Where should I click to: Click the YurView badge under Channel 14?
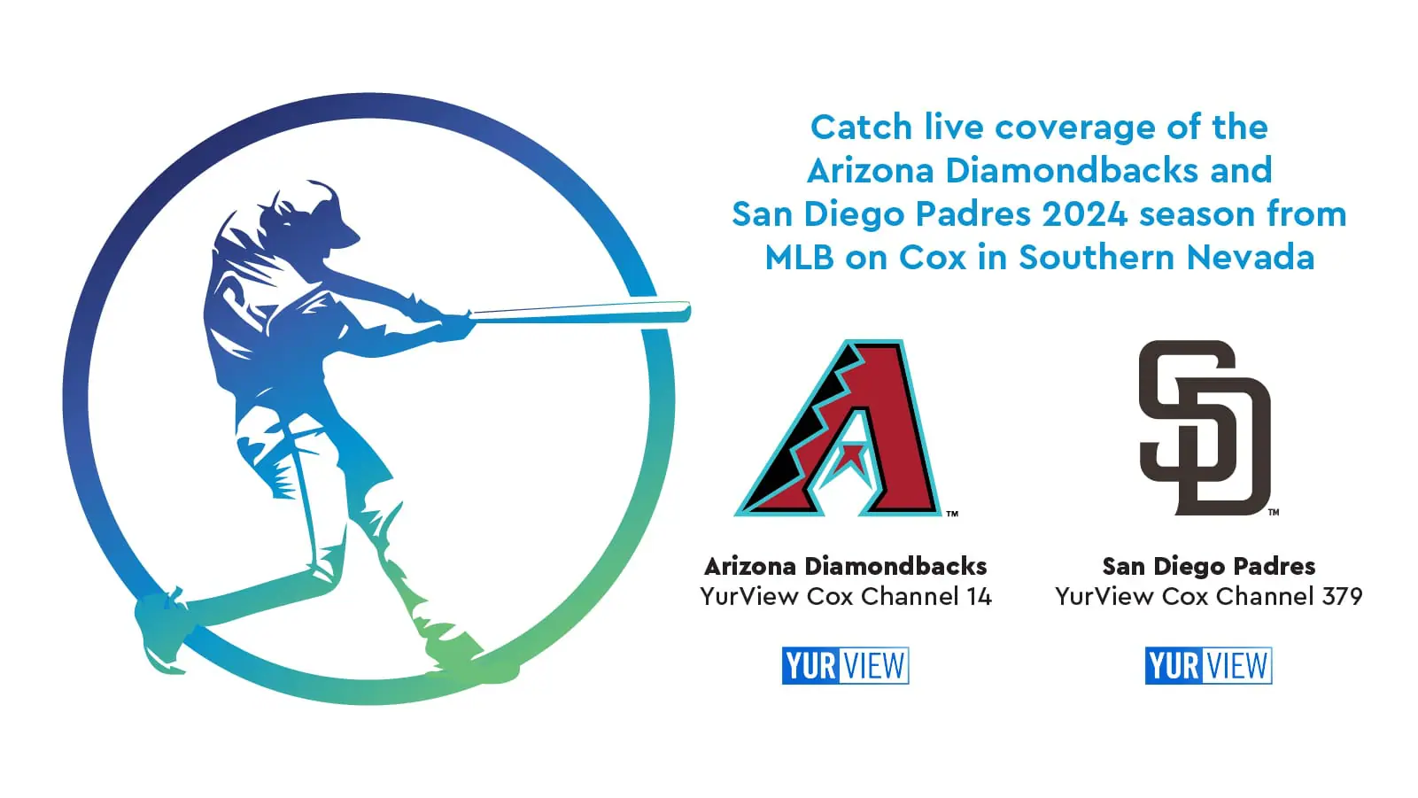coord(845,665)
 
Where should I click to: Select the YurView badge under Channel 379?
coord(1208,665)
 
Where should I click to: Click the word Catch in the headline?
coord(861,128)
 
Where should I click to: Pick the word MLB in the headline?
coord(800,258)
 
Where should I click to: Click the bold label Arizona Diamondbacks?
coord(845,566)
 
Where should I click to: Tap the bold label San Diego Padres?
coord(1208,566)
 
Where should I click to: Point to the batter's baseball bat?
coord(580,312)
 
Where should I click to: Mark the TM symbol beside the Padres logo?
coord(1274,512)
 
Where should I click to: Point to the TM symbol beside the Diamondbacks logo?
coord(952,514)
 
